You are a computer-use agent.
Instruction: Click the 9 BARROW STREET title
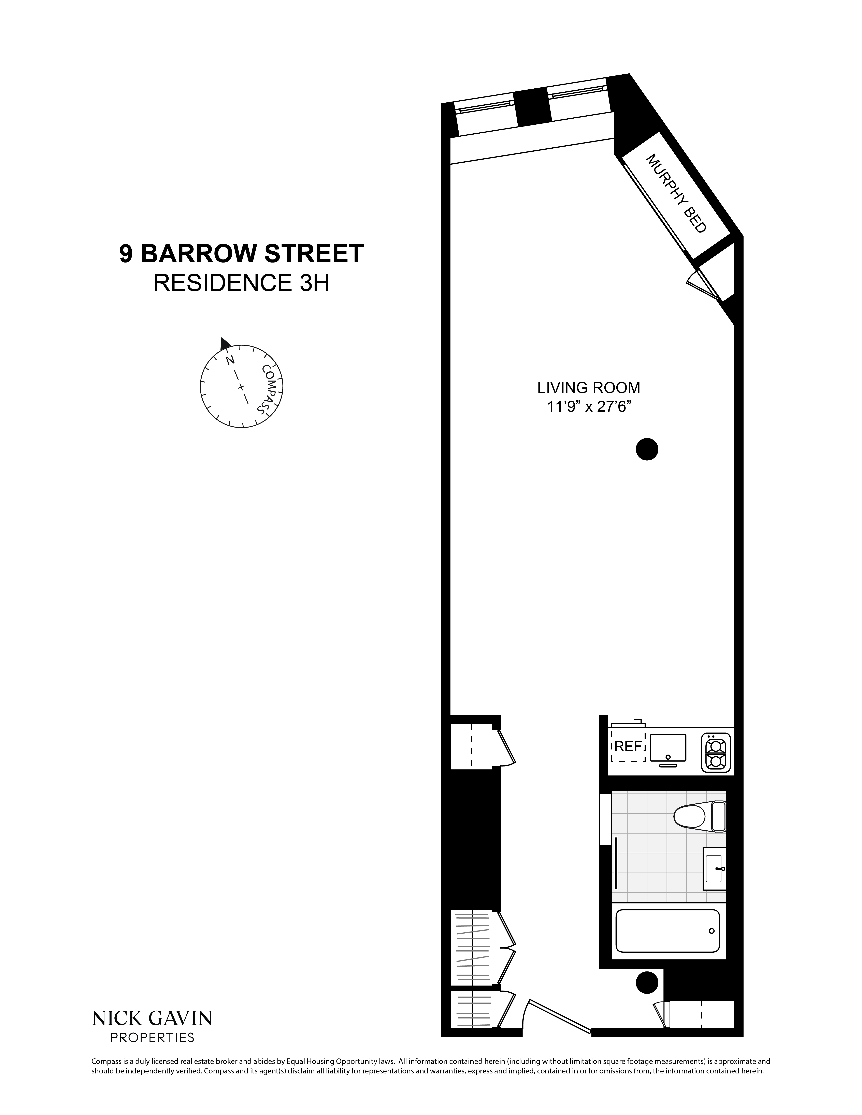coord(242,254)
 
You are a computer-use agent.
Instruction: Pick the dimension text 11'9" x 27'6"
coord(588,407)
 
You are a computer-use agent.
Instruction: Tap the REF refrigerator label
coord(628,746)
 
